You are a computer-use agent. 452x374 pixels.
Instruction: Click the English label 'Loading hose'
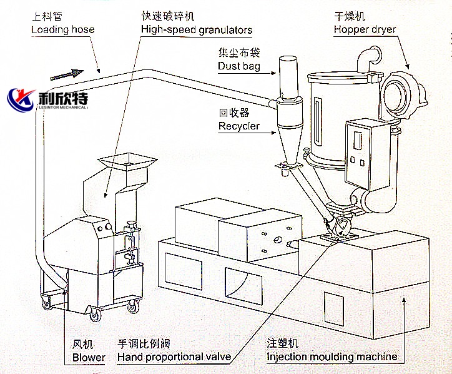(x=63, y=29)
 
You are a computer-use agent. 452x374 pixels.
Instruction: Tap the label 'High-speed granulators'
(x=197, y=29)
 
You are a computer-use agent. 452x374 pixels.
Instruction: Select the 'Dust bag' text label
(x=239, y=66)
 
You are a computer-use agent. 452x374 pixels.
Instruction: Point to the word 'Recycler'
(x=239, y=127)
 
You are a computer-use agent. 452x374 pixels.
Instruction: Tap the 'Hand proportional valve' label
(x=174, y=357)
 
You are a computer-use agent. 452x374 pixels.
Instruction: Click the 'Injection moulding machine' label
(x=332, y=357)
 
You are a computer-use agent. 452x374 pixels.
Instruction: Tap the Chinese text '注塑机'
(x=283, y=344)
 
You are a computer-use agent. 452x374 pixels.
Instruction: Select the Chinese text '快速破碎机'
(x=164, y=17)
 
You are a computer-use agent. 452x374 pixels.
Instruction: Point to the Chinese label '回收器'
(x=234, y=114)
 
